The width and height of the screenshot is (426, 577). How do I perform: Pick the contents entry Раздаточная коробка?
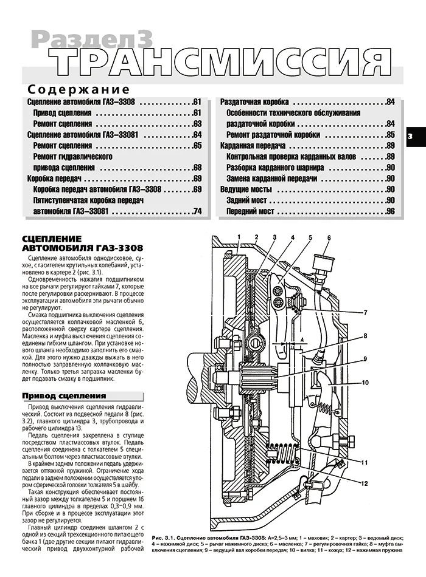tap(254, 101)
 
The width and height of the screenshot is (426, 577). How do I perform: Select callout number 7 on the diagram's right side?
tap(365, 313)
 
